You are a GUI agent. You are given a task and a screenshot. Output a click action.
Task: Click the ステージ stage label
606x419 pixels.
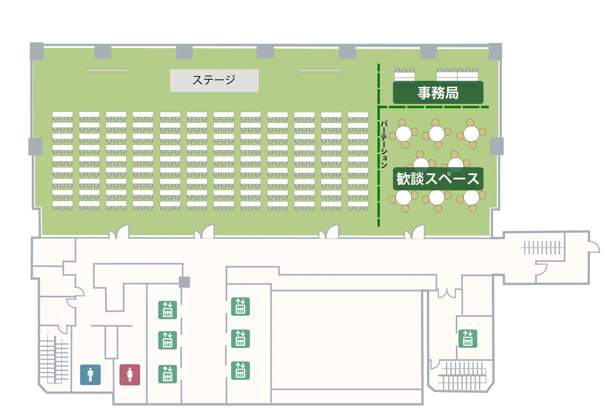[214, 80]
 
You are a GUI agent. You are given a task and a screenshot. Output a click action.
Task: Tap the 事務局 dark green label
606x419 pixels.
[438, 93]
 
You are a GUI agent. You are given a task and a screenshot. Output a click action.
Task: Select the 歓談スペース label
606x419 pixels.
[438, 179]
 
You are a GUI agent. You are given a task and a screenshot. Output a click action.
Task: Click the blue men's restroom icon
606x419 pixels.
[90, 375]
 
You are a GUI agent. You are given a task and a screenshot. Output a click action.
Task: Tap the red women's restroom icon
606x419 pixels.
[130, 375]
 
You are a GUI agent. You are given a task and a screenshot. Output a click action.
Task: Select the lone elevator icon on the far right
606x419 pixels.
[468, 339]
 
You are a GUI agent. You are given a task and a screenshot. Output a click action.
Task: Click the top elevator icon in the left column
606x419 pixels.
[167, 310]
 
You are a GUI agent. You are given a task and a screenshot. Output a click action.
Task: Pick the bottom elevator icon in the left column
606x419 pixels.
[167, 374]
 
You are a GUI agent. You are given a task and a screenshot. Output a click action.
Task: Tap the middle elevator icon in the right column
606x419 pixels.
[241, 339]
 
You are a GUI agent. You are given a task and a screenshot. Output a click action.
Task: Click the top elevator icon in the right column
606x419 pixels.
[241, 307]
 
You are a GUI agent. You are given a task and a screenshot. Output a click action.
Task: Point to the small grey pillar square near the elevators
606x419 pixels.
[184, 282]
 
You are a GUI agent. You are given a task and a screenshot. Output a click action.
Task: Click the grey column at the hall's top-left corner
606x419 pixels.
[37, 51]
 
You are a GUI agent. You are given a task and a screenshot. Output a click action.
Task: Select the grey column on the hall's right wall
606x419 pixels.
[497, 146]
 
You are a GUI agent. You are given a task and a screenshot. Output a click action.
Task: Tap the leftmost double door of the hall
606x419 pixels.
[119, 232]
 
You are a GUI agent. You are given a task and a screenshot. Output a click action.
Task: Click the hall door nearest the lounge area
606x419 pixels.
[414, 232]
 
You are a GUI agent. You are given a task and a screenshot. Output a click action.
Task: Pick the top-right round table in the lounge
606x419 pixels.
[471, 133]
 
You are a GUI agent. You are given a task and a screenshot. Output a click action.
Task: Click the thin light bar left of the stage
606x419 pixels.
[107, 70]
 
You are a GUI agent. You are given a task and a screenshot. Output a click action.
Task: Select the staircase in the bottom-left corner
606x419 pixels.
[54, 359]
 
